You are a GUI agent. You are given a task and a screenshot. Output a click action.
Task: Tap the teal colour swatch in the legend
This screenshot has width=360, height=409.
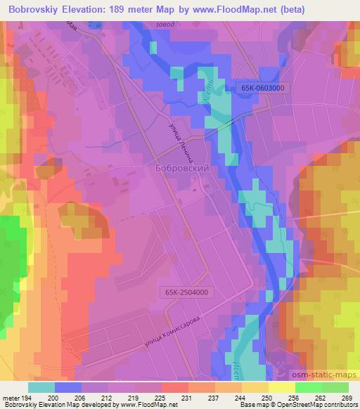tap(41, 387)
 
